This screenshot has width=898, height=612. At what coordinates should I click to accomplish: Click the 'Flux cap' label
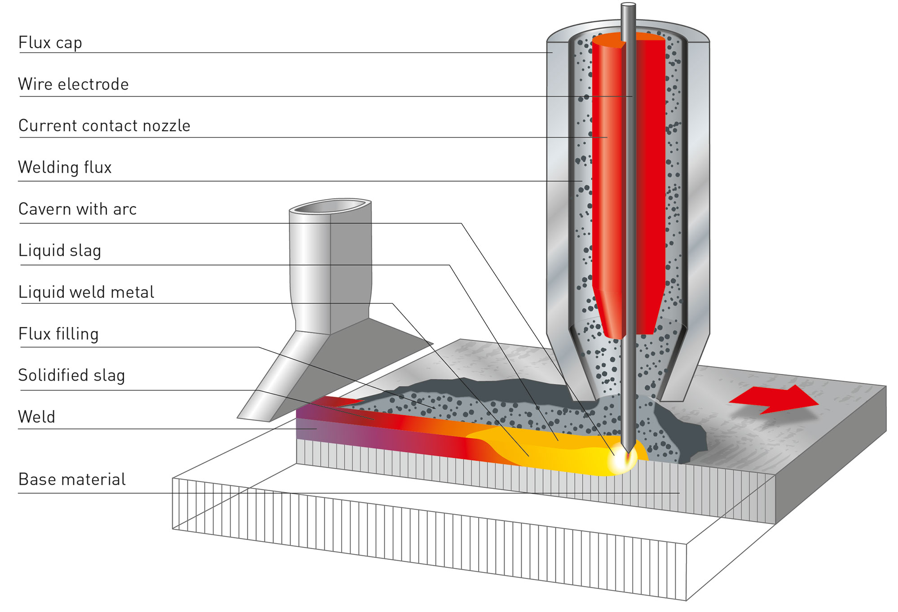(50, 43)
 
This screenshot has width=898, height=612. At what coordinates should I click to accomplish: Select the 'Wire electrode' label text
(74, 84)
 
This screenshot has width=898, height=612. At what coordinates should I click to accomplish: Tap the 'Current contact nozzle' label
(104, 126)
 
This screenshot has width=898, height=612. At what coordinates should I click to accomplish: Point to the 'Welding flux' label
(65, 167)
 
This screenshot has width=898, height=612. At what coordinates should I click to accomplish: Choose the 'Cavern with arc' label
(77, 209)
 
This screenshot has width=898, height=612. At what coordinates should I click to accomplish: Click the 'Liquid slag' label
(60, 251)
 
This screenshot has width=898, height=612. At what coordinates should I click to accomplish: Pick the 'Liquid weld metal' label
(86, 292)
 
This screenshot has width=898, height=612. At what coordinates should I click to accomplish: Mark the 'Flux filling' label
(58, 334)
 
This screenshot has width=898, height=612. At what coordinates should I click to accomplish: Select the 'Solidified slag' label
(71, 375)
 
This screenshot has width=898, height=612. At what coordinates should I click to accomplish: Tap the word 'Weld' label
(36, 417)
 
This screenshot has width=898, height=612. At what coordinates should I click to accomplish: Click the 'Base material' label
(72, 479)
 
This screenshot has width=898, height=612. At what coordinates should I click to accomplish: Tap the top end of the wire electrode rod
(628, 5)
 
